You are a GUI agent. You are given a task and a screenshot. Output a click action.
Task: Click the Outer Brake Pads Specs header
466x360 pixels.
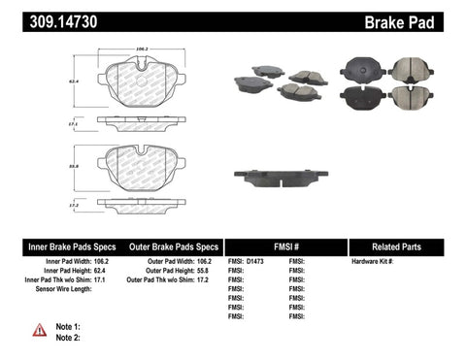168,246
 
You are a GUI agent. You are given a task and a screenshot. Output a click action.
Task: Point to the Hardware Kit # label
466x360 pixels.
373,262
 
